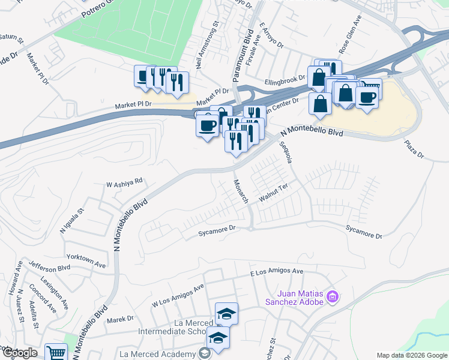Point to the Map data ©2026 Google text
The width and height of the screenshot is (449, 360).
[x=411, y=355]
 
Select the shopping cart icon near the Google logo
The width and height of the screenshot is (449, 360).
[x=56, y=353]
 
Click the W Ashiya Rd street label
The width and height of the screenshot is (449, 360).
[x=124, y=181]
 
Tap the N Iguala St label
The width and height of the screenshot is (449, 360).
[x=73, y=220]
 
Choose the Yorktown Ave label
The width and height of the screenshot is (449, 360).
[x=86, y=256]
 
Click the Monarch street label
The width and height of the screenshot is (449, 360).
[x=240, y=191]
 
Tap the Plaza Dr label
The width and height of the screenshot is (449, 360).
[x=414, y=150]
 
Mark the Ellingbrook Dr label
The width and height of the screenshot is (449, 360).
[x=285, y=82]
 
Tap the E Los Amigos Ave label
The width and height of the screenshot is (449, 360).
[x=276, y=272]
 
